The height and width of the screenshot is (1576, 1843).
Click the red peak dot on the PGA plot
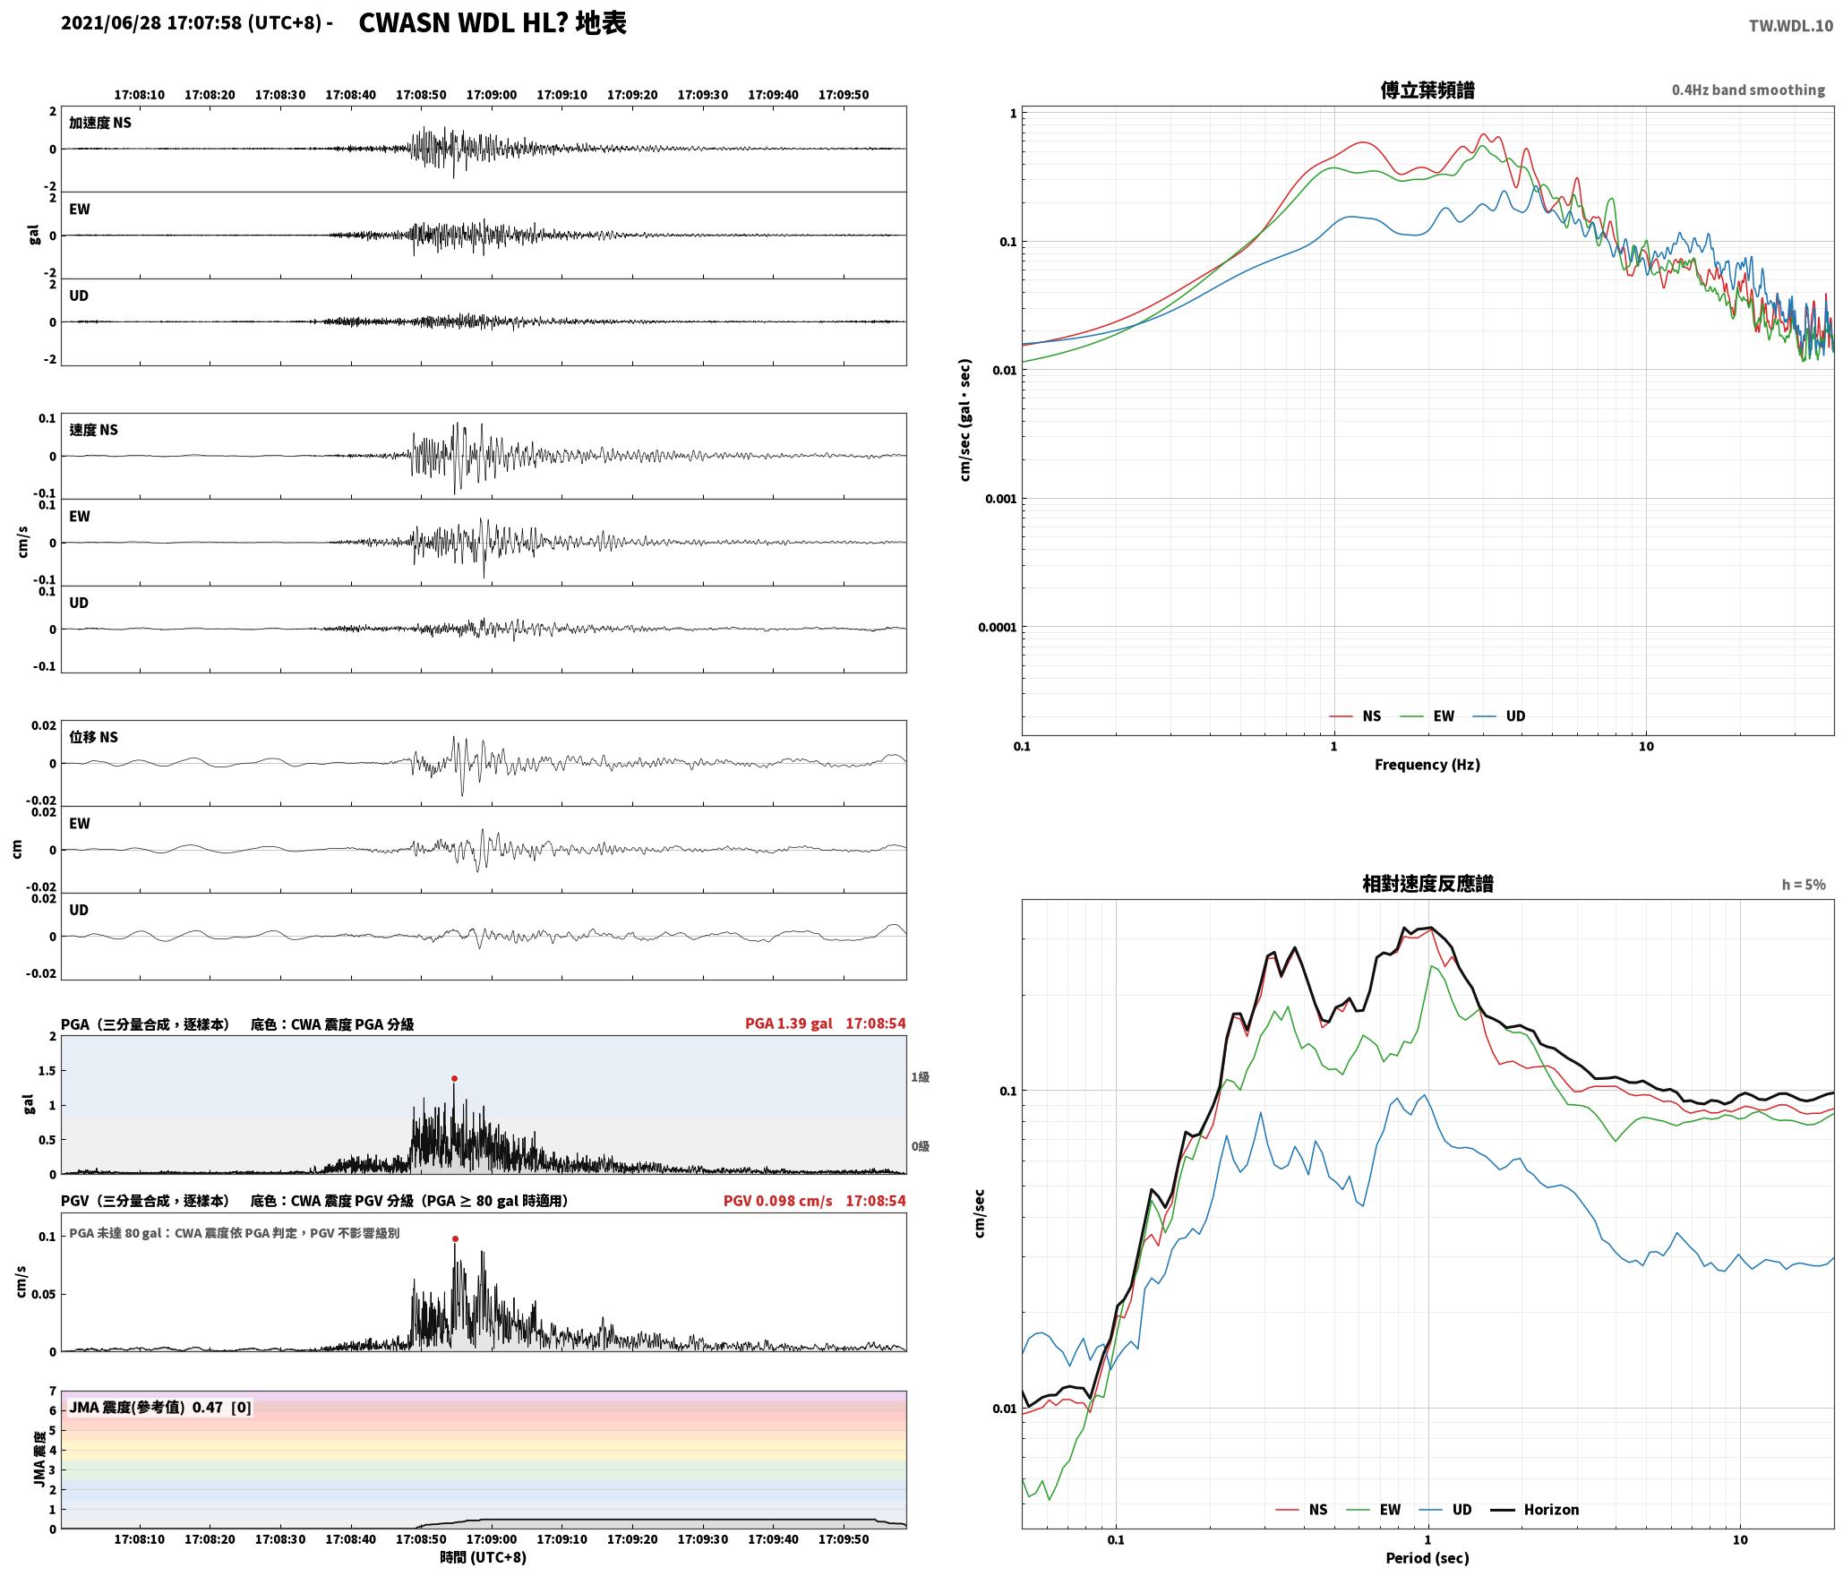(454, 1078)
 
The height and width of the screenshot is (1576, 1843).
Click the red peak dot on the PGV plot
(455, 1239)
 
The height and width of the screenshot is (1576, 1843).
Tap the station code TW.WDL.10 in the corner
(1791, 26)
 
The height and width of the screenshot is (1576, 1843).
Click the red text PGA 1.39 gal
(789, 1024)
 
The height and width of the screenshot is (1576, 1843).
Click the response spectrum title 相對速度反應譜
(1427, 884)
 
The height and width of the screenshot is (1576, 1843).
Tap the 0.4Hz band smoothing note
(1748, 90)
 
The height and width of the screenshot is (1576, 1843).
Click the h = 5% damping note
(1804, 885)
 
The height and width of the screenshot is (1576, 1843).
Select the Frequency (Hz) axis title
(1427, 765)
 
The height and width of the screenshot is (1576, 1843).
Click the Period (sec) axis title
(1427, 1558)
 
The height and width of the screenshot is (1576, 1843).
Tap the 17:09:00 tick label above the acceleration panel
(492, 95)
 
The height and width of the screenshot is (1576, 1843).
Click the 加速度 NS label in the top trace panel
(100, 123)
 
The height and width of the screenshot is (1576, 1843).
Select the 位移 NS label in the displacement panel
(94, 738)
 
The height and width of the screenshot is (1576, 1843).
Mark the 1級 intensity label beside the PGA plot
(920, 1077)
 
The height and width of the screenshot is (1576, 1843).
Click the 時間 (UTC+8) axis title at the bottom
(484, 1558)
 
